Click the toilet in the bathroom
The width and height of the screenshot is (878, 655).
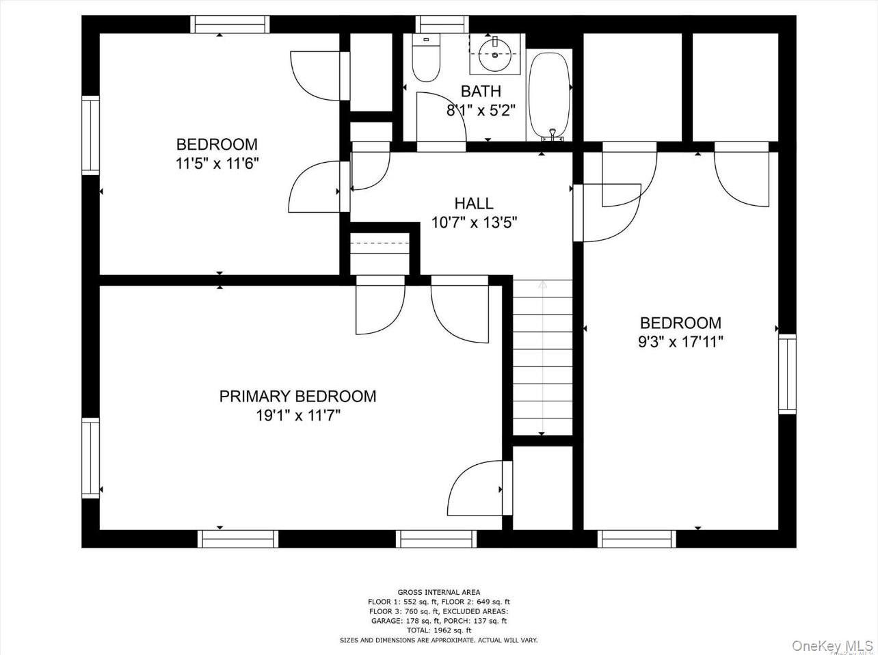(427, 61)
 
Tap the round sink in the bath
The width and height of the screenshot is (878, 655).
(494, 54)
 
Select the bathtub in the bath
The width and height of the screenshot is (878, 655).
(549, 95)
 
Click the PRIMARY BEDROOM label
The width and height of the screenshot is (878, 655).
(297, 396)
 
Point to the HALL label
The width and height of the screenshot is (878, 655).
(473, 203)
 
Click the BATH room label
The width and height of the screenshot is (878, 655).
(480, 91)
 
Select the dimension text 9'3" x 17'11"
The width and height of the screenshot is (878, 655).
(680, 341)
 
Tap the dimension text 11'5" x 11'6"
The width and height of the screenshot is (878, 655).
(217, 163)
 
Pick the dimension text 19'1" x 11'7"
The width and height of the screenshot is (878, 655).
(297, 415)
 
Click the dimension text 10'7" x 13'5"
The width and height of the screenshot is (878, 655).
(473, 222)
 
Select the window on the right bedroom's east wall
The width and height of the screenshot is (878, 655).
(787, 374)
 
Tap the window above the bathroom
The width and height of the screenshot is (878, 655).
(438, 24)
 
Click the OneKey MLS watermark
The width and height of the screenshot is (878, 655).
(832, 645)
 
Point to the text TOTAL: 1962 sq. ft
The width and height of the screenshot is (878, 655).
(438, 630)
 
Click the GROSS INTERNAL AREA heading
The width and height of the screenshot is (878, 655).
(438, 592)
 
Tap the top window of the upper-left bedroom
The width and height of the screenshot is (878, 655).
(230, 24)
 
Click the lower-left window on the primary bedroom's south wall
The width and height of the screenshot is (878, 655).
(238, 539)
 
